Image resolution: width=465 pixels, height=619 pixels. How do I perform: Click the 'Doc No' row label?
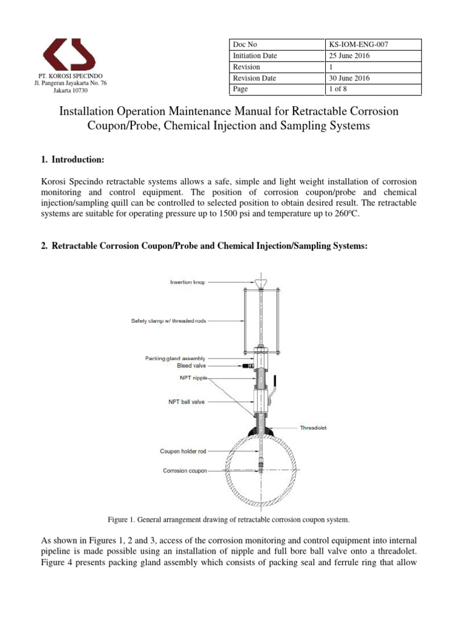click(245, 44)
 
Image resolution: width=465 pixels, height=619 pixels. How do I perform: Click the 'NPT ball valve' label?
click(186, 400)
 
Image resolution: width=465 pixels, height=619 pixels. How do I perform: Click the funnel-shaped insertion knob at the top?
click(260, 283)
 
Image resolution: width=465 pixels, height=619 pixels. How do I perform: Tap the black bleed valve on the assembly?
click(247, 366)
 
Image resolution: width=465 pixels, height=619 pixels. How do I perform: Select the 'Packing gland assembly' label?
click(176, 358)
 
